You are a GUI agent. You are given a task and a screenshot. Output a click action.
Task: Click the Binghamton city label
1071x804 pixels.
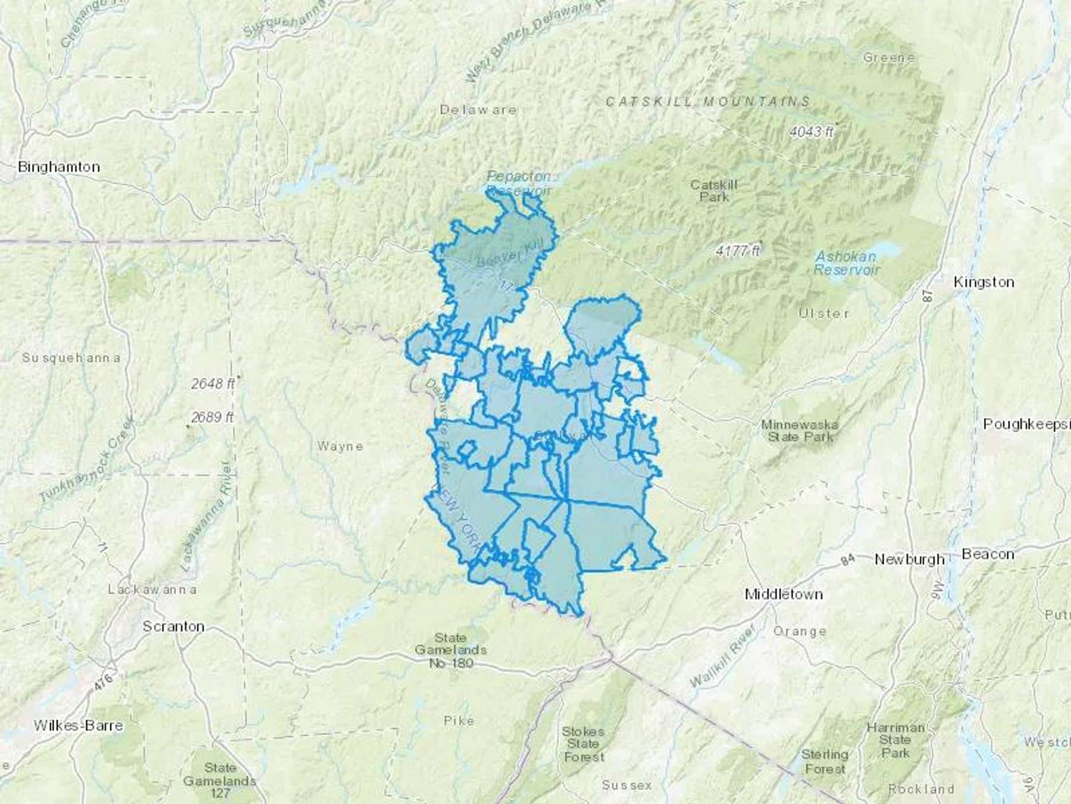tap(59, 167)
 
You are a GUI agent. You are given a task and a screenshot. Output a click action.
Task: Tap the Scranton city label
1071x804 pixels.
tap(173, 627)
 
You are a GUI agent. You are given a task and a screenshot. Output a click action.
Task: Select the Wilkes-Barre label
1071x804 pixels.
tap(78, 725)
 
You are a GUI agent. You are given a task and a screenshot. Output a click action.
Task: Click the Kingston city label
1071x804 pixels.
tap(984, 282)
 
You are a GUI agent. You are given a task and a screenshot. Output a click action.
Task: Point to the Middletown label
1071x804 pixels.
tap(784, 594)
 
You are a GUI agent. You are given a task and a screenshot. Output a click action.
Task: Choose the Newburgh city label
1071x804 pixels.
tap(909, 559)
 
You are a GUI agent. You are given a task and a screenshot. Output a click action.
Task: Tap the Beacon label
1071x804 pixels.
tap(988, 554)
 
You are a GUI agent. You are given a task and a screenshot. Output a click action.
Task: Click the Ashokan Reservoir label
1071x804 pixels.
tap(845, 263)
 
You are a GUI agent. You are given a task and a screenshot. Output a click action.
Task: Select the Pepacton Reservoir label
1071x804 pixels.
tap(519, 183)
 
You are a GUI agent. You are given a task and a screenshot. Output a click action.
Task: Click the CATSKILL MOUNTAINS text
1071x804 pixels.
tap(708, 102)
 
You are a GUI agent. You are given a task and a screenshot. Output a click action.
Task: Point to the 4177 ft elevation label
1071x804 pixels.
tap(738, 251)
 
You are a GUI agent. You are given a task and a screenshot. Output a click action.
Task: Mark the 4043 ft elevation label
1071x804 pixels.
tap(812, 132)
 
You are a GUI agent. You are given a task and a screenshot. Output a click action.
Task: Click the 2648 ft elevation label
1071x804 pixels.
tap(212, 384)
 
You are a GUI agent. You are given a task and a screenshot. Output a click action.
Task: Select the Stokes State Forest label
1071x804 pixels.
tap(583, 744)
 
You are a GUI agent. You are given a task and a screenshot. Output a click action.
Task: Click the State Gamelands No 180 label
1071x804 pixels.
tap(450, 650)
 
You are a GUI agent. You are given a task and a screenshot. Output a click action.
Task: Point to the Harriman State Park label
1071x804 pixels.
tap(895, 740)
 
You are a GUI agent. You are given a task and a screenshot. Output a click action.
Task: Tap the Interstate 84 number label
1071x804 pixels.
tap(847, 560)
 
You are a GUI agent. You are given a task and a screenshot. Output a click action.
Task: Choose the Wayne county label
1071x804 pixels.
tap(340, 446)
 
